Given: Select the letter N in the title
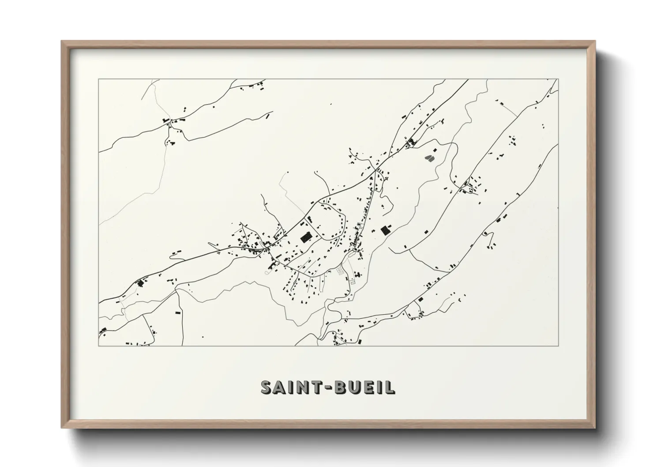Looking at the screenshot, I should [308, 387].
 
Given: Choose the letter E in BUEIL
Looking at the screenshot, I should [376, 387].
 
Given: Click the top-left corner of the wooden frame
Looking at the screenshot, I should [62, 41].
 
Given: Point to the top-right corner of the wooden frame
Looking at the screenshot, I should [595, 41].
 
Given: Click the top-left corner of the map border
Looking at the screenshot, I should [99, 79].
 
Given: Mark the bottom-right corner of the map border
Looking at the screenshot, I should [559, 346].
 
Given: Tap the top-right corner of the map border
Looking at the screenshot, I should [559, 79].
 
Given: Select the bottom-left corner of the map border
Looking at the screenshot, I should [99, 346].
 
